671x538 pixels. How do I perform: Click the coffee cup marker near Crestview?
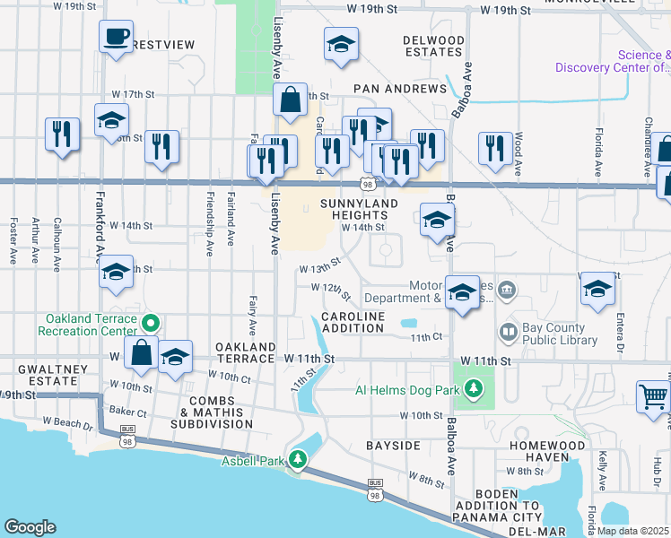pos(116,37)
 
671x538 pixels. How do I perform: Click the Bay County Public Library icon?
pos(509,333)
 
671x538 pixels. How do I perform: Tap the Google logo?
pos(30,527)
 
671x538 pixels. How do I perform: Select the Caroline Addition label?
pos(353,323)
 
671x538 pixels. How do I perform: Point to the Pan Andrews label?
pos(400,90)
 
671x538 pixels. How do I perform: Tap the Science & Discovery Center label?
pos(612,61)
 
